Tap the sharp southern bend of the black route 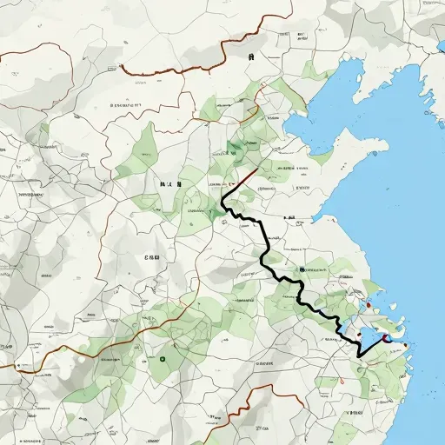(359, 355)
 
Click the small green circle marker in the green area (163, 357)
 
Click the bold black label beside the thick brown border (250, 56)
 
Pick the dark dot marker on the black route (301, 270)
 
